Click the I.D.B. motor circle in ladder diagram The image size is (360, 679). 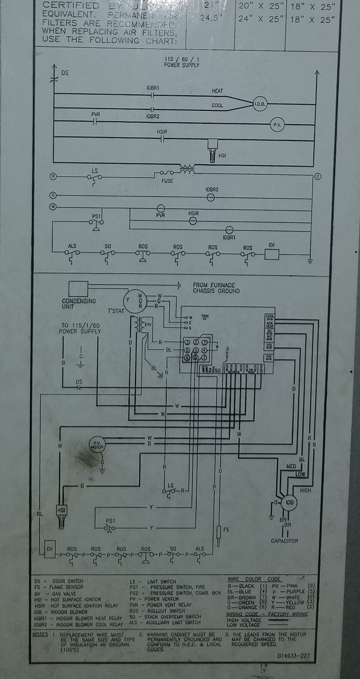click(x=260, y=104)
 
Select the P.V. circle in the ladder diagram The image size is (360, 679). click(x=277, y=124)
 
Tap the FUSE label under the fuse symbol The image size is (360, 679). click(x=167, y=181)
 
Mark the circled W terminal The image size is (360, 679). click(x=54, y=207)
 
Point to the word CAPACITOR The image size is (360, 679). click(x=284, y=541)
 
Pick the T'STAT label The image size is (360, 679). click(x=116, y=311)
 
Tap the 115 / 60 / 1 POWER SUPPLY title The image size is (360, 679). click(x=182, y=62)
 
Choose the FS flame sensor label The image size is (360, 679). click(x=226, y=529)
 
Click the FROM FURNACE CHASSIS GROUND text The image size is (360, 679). click(x=216, y=288)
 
